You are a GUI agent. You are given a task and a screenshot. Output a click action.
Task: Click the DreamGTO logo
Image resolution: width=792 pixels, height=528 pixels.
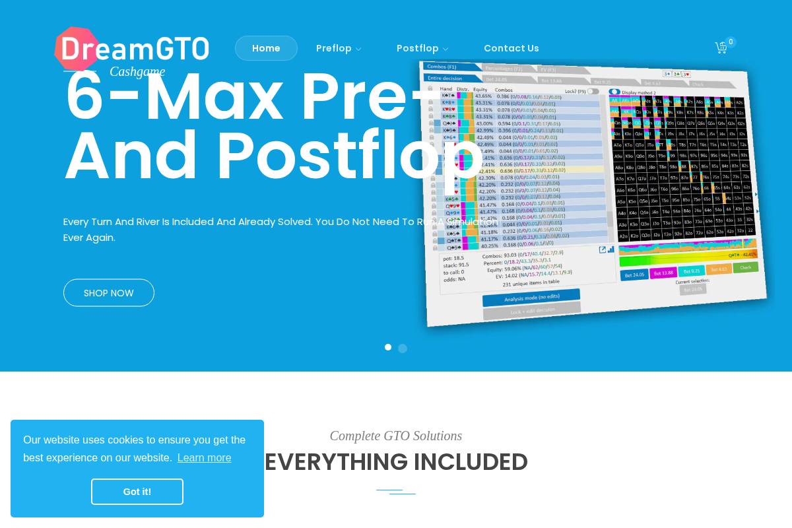tap(132, 48)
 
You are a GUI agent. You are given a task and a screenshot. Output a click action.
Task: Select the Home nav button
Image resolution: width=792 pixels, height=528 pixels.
tap(266, 48)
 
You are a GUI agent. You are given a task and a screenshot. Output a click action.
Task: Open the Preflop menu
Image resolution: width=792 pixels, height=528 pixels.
tap(338, 48)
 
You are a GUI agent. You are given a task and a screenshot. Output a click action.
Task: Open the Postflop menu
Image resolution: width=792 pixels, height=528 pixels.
tap(422, 48)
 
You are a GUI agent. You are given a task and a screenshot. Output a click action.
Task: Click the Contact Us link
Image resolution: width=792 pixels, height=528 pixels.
tap(511, 48)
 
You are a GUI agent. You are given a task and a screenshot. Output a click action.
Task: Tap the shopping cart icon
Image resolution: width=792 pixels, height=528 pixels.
tap(721, 48)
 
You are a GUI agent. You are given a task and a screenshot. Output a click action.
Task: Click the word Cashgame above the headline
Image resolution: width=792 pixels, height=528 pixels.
tap(137, 71)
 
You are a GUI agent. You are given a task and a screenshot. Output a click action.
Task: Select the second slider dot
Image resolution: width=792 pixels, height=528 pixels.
tap(403, 348)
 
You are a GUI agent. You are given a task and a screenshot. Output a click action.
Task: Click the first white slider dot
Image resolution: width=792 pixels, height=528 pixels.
tap(388, 347)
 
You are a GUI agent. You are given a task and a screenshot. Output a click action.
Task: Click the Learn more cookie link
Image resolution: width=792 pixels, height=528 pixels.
tap(204, 457)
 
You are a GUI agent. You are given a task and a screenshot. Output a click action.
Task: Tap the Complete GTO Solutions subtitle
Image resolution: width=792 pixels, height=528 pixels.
tap(396, 436)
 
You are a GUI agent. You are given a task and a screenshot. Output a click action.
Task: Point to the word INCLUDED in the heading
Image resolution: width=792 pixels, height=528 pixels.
tap(471, 462)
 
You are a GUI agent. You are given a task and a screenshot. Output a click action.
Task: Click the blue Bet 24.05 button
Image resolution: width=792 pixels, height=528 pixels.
tap(634, 275)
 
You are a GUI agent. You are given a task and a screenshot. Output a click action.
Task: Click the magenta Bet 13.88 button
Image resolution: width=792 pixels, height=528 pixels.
tap(663, 273)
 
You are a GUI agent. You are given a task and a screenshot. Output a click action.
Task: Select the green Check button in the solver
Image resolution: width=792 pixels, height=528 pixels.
tap(745, 267)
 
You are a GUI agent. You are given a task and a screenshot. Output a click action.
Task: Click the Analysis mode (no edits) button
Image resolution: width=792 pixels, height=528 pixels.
tap(531, 298)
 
